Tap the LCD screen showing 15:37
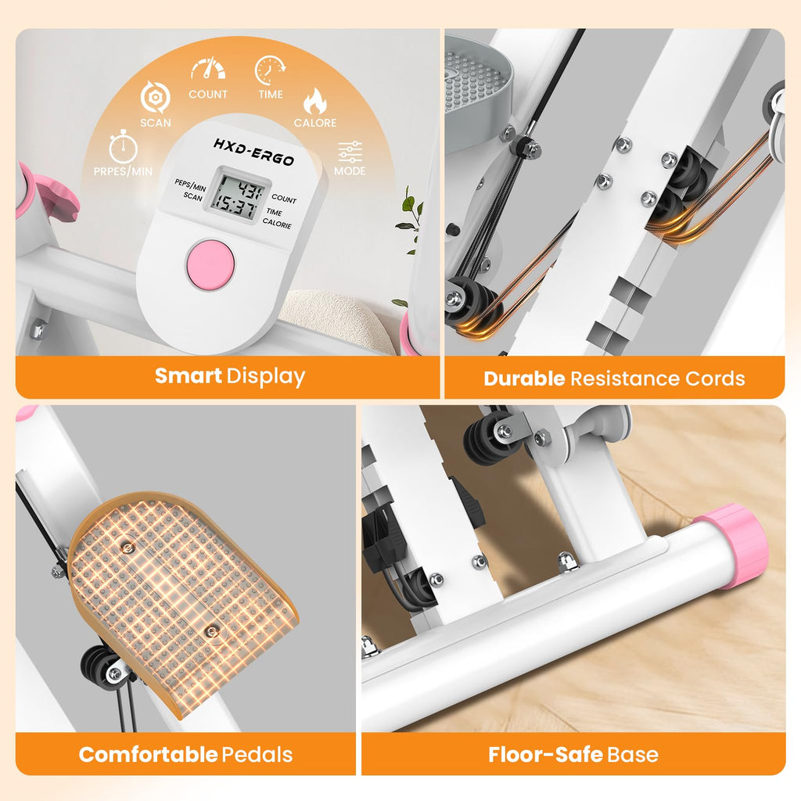pos(237,195)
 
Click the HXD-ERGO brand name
pos(253,152)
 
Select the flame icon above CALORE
pos(314,101)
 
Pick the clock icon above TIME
pos(270,70)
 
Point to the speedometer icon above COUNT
pos(208,69)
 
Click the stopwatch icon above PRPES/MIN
pos(123,146)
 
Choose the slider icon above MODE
pos(350,152)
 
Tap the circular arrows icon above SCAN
pos(155,97)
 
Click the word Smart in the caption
pos(188,376)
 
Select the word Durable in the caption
pos(524,379)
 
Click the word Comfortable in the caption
pos(148,755)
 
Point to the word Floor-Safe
pos(545,755)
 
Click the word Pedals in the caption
pos(257,755)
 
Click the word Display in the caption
pos(266,377)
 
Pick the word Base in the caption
pos(632,755)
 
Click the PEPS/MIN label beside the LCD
pos(190,185)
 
